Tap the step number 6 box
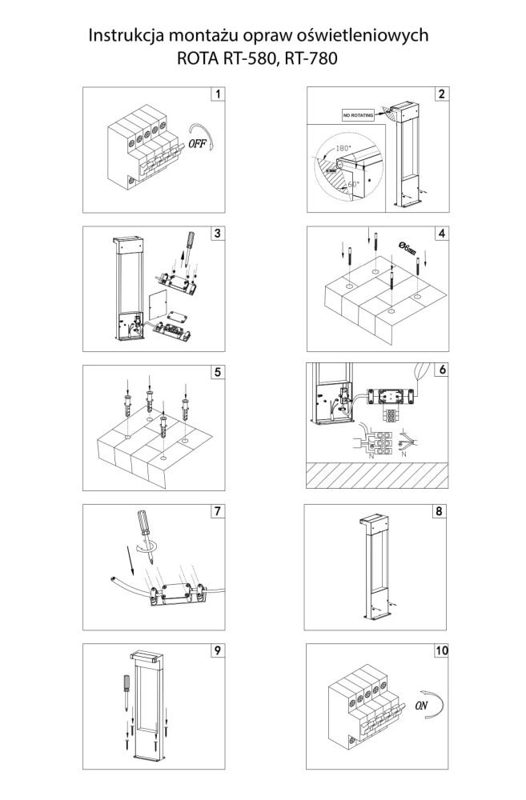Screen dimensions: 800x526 pyautogui.click(x=440, y=371)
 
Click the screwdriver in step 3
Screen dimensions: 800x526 pyautogui.click(x=187, y=245)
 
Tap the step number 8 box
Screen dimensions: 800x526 pyautogui.click(x=440, y=510)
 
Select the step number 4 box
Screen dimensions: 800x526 pyautogui.click(x=440, y=233)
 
